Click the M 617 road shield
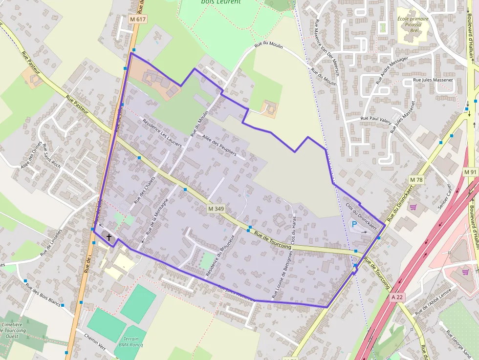tap(138, 19)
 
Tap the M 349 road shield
tap(216, 209)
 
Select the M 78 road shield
tap(416, 180)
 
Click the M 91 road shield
tap(470, 172)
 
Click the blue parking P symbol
tap(354, 224)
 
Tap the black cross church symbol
tap(109, 237)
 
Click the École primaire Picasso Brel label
tap(413, 24)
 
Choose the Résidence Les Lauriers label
tap(162, 132)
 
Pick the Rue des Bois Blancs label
tap(43, 295)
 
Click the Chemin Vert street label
tap(95, 342)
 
